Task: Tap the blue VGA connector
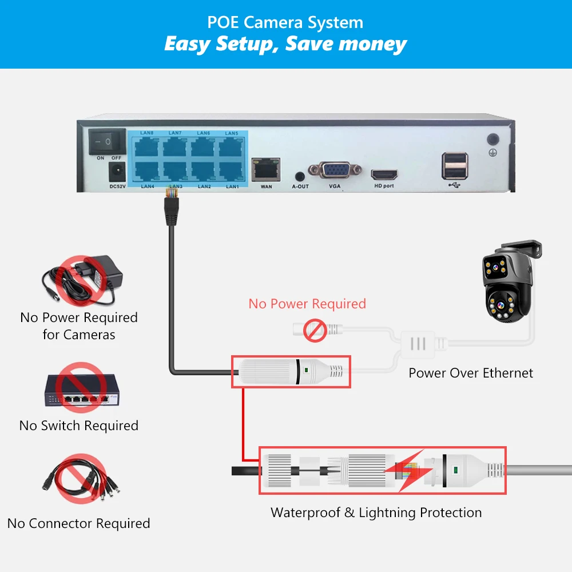click(335, 170)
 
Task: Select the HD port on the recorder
click(384, 174)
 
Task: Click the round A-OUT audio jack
click(299, 176)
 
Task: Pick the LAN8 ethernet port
click(148, 146)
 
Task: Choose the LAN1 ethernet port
click(232, 171)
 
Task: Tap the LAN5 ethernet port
click(232, 146)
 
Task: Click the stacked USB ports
click(454, 166)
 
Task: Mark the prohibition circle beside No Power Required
click(314, 331)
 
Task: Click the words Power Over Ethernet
click(471, 373)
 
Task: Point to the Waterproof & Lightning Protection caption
click(376, 512)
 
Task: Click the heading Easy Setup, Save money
click(285, 43)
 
